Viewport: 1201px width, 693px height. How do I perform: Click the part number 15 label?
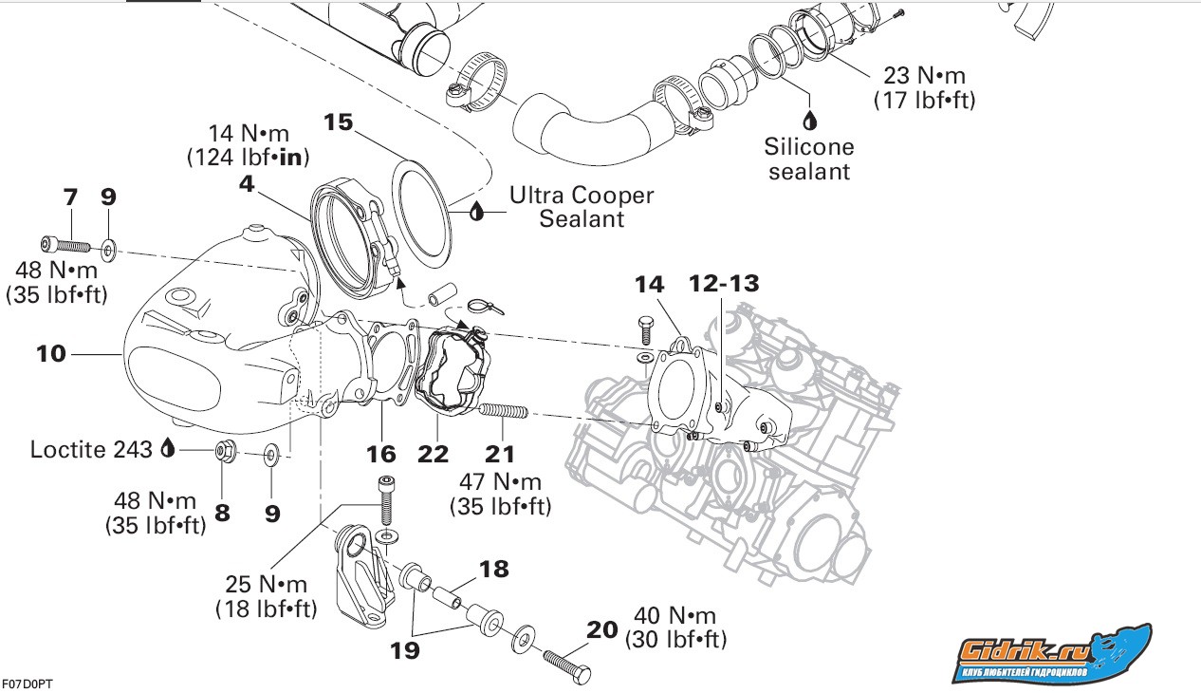click(339, 122)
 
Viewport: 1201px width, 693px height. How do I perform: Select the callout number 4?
click(247, 184)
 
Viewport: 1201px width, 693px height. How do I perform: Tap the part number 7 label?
click(70, 197)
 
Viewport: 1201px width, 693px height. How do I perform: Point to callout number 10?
click(51, 354)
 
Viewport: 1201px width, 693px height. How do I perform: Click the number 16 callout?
click(380, 453)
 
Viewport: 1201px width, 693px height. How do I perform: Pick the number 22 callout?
click(434, 453)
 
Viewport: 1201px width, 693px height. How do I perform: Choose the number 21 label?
click(500, 453)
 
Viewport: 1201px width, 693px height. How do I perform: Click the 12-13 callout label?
click(724, 283)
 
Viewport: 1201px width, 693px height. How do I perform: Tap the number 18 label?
click(494, 570)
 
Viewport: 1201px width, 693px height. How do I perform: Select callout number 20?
click(602, 629)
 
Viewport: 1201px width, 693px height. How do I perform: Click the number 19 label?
click(405, 650)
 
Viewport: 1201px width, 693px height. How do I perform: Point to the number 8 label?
click(222, 513)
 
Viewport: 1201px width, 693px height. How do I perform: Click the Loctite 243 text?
click(91, 449)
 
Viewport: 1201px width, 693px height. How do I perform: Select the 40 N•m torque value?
click(675, 616)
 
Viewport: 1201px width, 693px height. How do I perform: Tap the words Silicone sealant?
click(810, 159)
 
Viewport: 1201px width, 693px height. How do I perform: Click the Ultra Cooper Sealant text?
click(582, 207)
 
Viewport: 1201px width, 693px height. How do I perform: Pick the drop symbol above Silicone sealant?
click(810, 121)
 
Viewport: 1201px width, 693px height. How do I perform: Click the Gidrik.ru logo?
click(1052, 653)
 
